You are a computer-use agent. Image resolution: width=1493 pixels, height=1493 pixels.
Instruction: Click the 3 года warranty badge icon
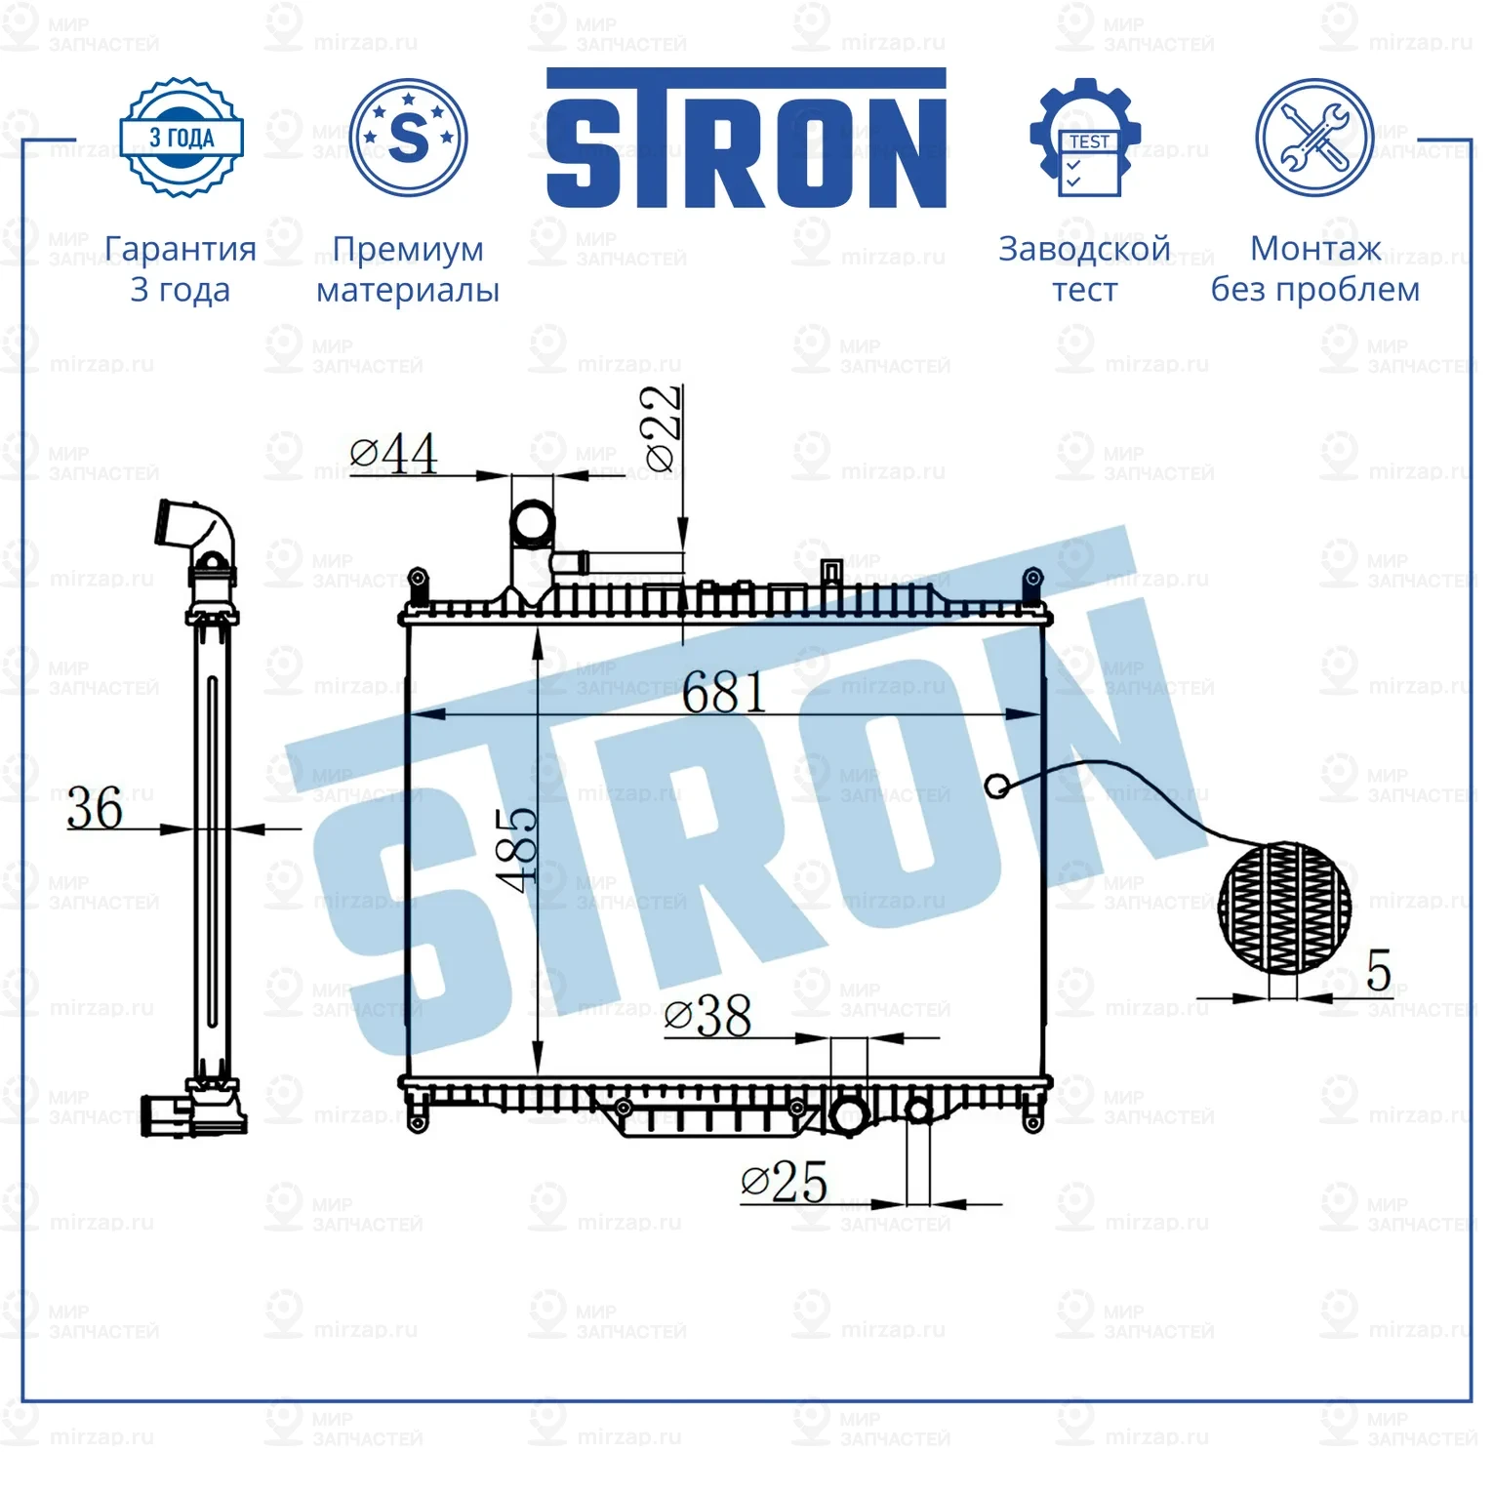pos(181,138)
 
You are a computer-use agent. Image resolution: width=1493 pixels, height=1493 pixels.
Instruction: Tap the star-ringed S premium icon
pos(408,138)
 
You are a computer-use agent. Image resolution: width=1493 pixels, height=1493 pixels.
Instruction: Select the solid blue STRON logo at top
pos(746,139)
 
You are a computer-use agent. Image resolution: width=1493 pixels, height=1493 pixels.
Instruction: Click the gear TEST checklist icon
pos(1085,139)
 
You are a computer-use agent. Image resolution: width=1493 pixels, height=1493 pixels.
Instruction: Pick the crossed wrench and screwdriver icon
pos(1313,139)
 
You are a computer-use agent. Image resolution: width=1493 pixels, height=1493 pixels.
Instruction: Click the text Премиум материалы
pos(408,269)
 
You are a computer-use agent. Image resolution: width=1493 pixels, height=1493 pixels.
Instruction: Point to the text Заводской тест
pos(1084,269)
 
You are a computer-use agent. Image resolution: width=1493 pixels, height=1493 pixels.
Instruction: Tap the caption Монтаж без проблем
pos(1314,269)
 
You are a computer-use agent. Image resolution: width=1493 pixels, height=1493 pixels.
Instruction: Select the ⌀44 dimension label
pos(394,454)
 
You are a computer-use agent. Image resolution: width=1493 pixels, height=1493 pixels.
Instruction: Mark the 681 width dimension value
pos(724,694)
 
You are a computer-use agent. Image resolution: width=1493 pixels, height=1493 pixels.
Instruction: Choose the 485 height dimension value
pos(517,849)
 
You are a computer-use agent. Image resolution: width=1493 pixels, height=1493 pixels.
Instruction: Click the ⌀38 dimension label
pos(708,1016)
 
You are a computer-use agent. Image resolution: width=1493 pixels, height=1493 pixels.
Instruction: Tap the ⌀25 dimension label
pos(785,1182)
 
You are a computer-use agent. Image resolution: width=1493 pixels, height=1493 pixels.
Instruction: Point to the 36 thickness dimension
pos(95,808)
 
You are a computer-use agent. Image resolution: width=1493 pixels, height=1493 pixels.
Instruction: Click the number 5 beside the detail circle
pos(1378,971)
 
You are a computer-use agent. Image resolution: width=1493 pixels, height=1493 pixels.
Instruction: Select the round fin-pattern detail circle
pos(1284,908)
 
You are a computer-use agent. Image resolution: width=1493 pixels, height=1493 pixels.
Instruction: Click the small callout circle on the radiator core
pos(996,786)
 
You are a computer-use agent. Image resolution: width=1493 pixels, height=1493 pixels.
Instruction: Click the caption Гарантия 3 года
pos(181,269)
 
